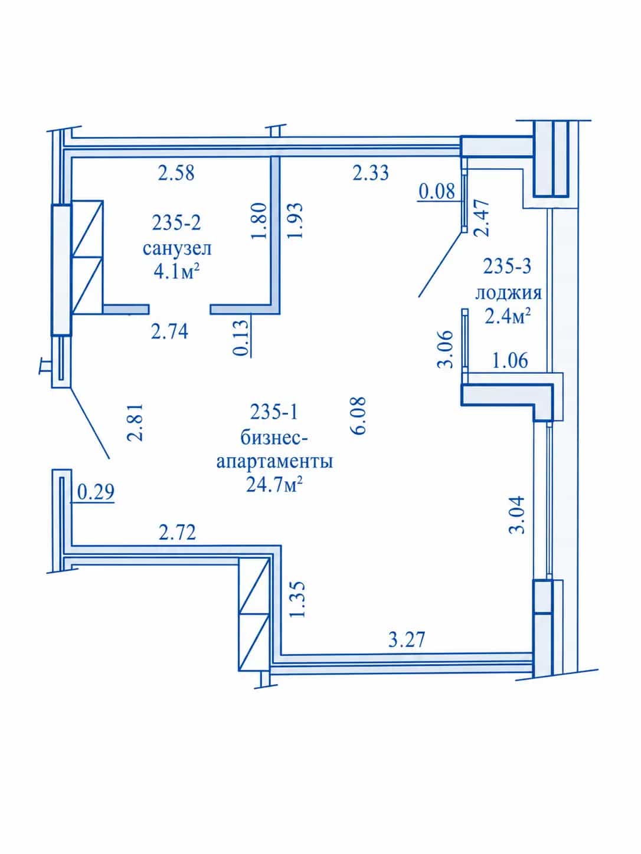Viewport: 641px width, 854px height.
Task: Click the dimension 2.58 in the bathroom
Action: click(x=176, y=173)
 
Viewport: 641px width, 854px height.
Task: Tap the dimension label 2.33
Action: click(x=371, y=173)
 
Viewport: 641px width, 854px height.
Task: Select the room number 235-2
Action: click(x=176, y=223)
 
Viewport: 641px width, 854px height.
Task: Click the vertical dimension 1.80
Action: click(x=259, y=221)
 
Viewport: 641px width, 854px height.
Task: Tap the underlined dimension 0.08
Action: click(x=437, y=192)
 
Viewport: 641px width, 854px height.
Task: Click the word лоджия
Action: click(x=508, y=293)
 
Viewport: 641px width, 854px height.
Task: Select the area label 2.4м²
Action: click(x=508, y=316)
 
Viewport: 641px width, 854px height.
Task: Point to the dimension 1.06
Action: click(x=510, y=360)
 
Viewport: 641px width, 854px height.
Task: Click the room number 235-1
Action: click(x=274, y=412)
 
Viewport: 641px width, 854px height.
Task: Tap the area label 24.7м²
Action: click(x=275, y=485)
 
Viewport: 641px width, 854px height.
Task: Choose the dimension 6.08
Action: click(x=358, y=416)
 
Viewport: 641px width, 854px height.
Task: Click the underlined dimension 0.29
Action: click(x=96, y=492)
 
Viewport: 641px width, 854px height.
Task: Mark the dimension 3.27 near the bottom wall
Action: click(x=407, y=639)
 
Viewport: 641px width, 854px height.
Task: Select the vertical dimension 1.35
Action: click(x=297, y=600)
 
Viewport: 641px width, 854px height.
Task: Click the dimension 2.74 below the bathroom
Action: click(x=169, y=331)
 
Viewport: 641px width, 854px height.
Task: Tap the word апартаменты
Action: click(x=275, y=462)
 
